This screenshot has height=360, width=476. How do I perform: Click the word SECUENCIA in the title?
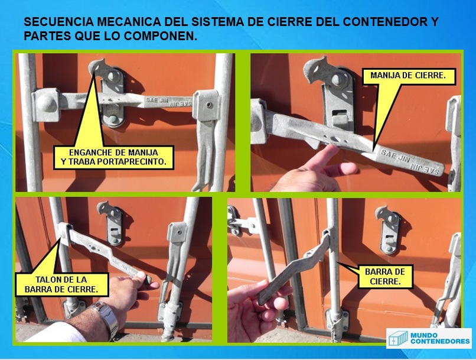coord(58,22)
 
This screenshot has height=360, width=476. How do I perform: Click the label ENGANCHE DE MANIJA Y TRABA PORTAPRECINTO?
coord(113,157)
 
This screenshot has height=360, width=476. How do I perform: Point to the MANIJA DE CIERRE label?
coord(408,76)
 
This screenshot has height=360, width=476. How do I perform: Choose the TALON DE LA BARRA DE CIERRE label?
coord(61,284)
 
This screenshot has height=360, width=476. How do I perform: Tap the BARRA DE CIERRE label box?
coord(385,277)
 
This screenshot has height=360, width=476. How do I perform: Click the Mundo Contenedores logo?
coord(429,338)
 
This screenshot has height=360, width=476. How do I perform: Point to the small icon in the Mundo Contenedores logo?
coord(398,338)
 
